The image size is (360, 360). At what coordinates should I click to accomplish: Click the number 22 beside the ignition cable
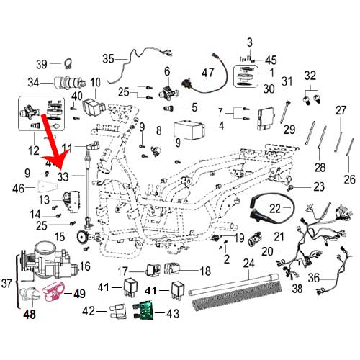pos(274,209)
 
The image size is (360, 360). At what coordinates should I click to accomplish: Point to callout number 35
pos(109,58)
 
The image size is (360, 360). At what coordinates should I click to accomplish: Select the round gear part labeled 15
pos(81,238)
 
